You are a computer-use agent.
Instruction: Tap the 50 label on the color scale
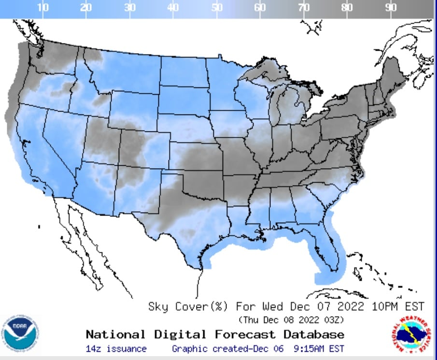tap(217, 7)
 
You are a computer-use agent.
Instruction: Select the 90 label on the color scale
tap(391, 7)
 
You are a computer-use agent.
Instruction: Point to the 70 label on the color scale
tap(304, 7)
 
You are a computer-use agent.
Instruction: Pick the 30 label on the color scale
tap(129, 7)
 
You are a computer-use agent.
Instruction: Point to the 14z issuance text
tap(116, 349)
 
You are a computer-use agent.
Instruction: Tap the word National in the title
tap(115, 334)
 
